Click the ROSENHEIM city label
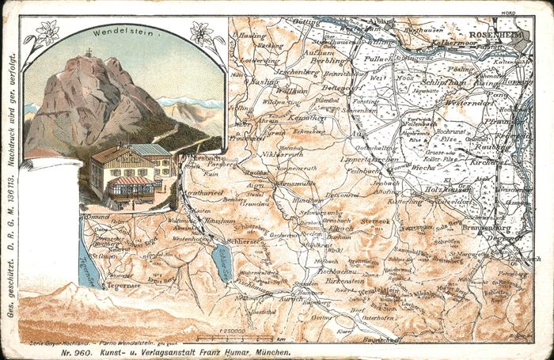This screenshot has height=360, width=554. (496, 36)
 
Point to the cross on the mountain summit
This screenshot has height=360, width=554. (89, 53)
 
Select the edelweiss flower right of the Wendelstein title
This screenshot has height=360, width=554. (199, 34)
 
